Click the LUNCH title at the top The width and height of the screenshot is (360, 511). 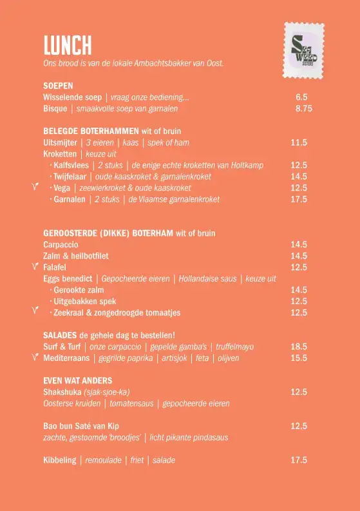click(x=68, y=45)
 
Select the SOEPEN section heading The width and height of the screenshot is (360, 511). click(x=58, y=86)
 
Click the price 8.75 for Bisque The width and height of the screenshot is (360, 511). click(x=303, y=109)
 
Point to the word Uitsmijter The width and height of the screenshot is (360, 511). click(x=60, y=142)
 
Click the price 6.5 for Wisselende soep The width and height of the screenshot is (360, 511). click(x=301, y=97)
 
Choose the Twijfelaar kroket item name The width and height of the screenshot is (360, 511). click(x=71, y=177)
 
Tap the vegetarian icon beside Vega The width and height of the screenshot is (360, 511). click(x=37, y=188)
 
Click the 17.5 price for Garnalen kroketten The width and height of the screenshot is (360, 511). click(x=298, y=200)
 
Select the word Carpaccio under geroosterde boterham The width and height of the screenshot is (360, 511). click(x=61, y=245)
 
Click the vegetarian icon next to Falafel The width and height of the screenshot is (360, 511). click(x=37, y=266)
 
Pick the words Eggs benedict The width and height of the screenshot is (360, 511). click(x=70, y=279)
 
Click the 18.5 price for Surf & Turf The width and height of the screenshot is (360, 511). click(x=298, y=347)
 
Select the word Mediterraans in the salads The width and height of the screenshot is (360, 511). click(x=66, y=358)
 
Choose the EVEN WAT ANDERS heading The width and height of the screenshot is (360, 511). click(x=77, y=381)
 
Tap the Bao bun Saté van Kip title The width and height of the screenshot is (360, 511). click(x=81, y=426)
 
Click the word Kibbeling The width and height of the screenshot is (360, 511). click(x=59, y=460)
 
